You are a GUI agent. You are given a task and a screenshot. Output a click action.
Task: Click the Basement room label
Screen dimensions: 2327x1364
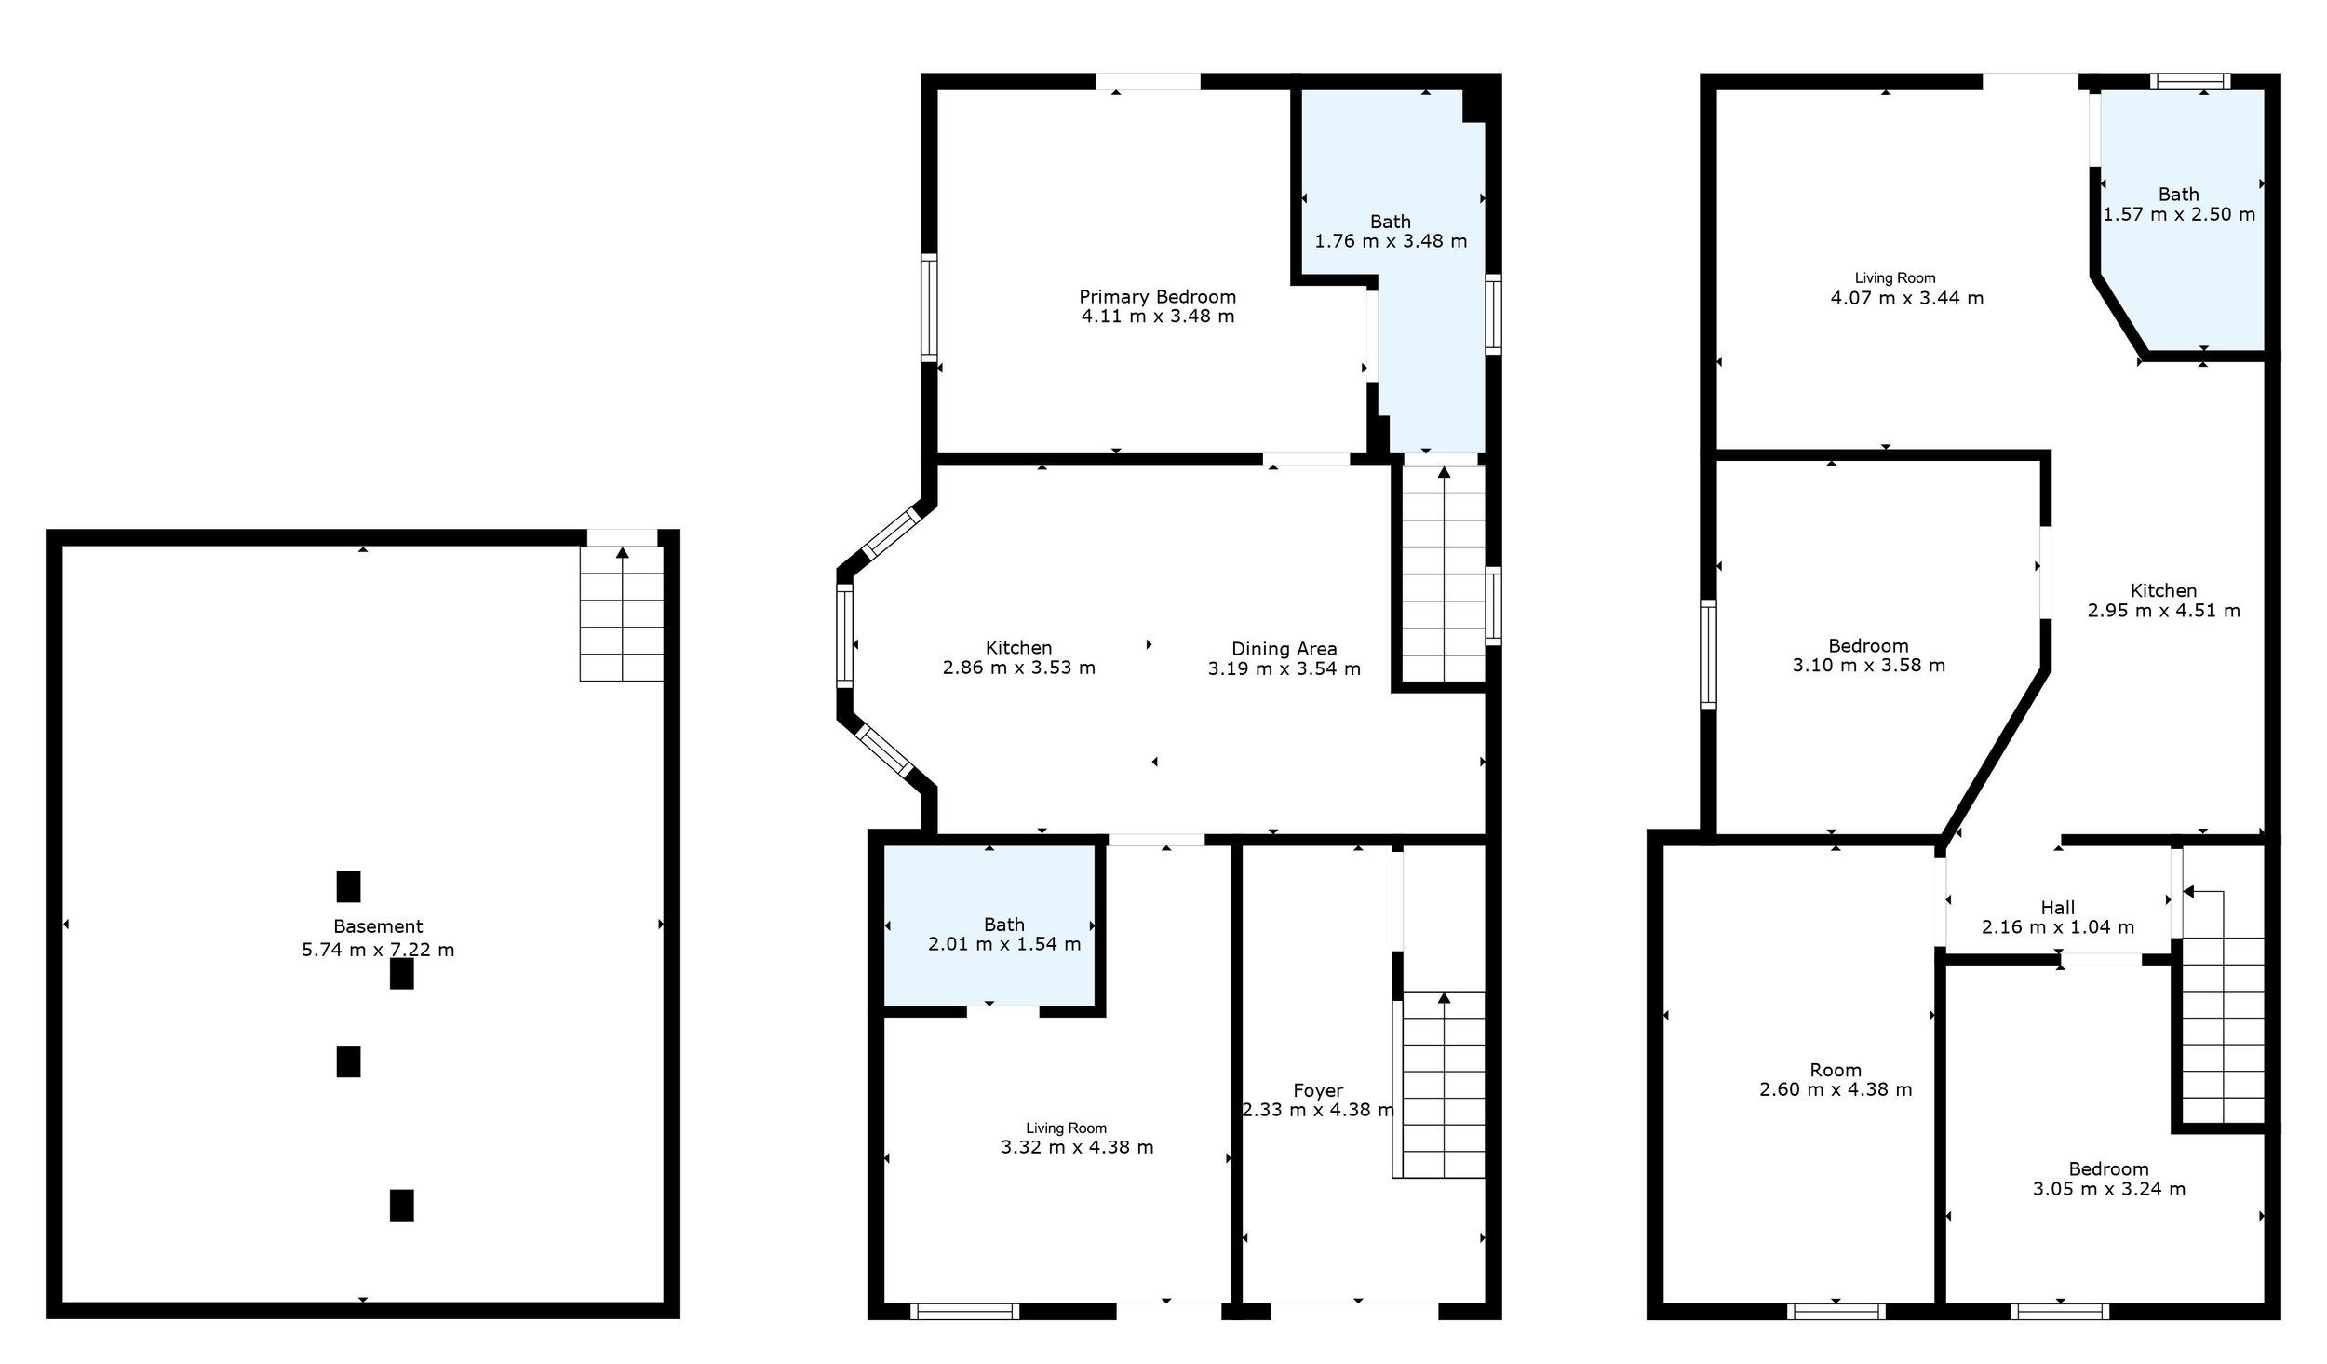tap(378, 926)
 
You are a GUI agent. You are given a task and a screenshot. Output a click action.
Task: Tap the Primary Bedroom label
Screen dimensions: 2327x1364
tap(1158, 297)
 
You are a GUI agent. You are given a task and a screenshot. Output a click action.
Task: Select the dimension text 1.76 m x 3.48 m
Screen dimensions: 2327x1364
tap(1391, 241)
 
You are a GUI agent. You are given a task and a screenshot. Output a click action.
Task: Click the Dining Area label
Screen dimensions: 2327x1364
tap(1285, 649)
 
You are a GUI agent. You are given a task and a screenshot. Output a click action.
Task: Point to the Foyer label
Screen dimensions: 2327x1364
tap(1318, 1090)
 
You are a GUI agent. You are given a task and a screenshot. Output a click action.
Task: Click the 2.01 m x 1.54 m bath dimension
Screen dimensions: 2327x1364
tap(1004, 944)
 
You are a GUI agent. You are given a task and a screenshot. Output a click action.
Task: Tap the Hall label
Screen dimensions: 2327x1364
tap(2058, 908)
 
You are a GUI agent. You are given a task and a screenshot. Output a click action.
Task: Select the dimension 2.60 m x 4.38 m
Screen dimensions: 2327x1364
tap(1836, 1089)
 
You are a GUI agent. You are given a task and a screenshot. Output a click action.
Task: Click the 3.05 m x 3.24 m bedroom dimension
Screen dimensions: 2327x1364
tap(2109, 1189)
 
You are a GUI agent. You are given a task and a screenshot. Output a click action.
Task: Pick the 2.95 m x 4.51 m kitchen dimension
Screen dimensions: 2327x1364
tap(2164, 611)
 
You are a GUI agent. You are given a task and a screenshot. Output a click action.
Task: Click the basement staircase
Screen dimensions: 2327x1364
tap(622, 614)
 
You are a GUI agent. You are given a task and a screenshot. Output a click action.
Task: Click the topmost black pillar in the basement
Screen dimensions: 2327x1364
tap(348, 886)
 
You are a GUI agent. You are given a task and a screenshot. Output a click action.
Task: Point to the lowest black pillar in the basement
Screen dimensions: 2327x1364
tap(401, 1205)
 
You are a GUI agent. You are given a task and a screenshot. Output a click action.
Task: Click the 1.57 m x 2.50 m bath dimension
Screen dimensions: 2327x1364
tap(2179, 214)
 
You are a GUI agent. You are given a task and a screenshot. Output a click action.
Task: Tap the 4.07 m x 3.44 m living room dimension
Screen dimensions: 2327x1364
tap(1907, 299)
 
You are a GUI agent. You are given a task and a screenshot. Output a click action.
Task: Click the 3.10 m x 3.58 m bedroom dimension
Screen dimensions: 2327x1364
tap(1869, 666)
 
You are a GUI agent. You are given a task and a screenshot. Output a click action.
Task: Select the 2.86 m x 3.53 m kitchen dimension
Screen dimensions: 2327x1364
tap(1019, 668)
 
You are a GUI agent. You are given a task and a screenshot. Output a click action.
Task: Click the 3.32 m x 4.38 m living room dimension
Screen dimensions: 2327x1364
tap(1077, 1147)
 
